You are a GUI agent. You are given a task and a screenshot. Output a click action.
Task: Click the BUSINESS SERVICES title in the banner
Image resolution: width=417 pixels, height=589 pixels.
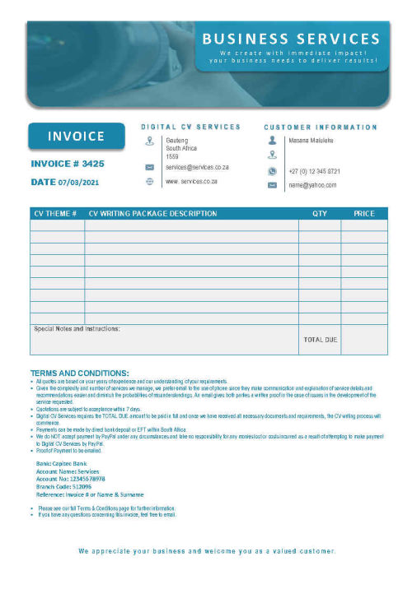click(291, 39)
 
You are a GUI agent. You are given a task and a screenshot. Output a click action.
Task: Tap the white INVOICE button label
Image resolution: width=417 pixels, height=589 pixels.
click(76, 137)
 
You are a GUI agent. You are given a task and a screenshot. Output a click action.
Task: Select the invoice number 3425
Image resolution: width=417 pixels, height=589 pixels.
click(68, 164)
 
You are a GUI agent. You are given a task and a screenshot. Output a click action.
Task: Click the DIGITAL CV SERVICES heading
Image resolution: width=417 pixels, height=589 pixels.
click(190, 127)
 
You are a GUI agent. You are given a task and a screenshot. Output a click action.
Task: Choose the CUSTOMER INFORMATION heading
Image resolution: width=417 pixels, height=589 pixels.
click(321, 128)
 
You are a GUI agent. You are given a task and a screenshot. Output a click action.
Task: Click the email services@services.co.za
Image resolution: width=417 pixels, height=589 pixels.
click(197, 167)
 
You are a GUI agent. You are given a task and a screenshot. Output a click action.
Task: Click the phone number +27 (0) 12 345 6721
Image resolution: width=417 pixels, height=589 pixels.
click(314, 171)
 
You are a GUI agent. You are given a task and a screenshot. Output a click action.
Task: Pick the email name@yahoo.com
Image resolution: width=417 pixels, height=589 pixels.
click(312, 185)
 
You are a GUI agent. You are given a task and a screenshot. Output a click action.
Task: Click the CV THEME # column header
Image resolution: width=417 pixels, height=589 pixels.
click(56, 214)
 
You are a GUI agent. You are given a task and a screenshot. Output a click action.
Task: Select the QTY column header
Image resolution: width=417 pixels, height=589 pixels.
click(320, 214)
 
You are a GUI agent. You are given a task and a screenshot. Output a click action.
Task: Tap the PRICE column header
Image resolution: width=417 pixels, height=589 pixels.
click(363, 214)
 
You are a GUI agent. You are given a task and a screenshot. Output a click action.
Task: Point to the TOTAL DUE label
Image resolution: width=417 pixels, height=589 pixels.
click(320, 339)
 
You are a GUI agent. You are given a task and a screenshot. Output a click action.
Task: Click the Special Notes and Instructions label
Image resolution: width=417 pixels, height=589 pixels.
click(77, 329)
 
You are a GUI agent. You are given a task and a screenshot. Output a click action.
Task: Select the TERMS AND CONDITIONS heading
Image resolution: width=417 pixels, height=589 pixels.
click(79, 373)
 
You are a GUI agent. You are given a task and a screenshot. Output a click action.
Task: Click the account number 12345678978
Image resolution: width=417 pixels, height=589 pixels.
click(70, 478)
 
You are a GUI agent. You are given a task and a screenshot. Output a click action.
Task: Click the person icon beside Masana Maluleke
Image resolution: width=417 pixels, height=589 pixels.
click(272, 141)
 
